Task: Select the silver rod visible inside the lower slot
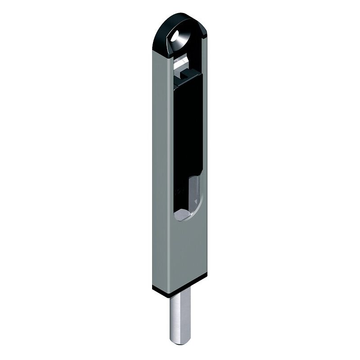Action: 195,189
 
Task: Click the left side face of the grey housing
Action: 160,180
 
